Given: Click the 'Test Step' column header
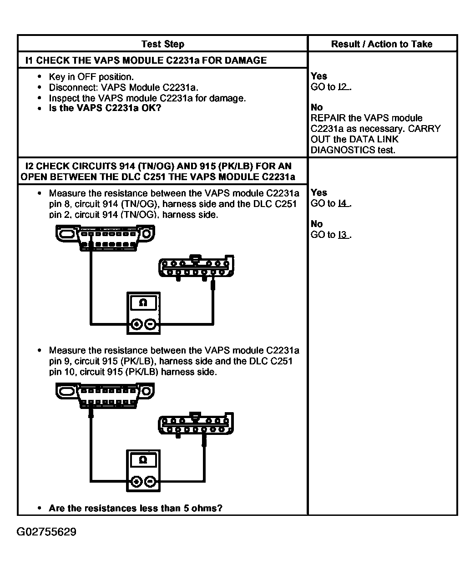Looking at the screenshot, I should click(162, 44).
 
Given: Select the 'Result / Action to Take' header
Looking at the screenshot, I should click(381, 44).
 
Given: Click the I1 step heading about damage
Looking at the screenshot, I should click(146, 60).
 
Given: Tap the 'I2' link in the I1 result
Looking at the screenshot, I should click(343, 87).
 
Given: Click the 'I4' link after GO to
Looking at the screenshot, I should click(343, 203).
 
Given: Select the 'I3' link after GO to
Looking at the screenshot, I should click(343, 235).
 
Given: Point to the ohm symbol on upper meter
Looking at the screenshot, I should click(143, 303).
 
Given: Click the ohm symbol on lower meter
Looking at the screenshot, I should click(143, 460).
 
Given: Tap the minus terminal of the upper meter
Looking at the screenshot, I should click(151, 324).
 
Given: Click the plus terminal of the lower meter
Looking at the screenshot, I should click(136, 482).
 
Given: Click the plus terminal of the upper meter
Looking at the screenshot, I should click(136, 324).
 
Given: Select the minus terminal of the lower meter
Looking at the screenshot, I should click(151, 482).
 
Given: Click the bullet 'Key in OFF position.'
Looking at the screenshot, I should click(91, 77).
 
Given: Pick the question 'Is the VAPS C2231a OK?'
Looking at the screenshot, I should click(105, 108).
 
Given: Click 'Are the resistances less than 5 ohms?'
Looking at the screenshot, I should click(136, 508).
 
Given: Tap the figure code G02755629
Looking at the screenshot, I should click(46, 532).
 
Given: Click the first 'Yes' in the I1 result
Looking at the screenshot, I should click(319, 76).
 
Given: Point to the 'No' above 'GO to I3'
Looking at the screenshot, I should click(317, 224).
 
